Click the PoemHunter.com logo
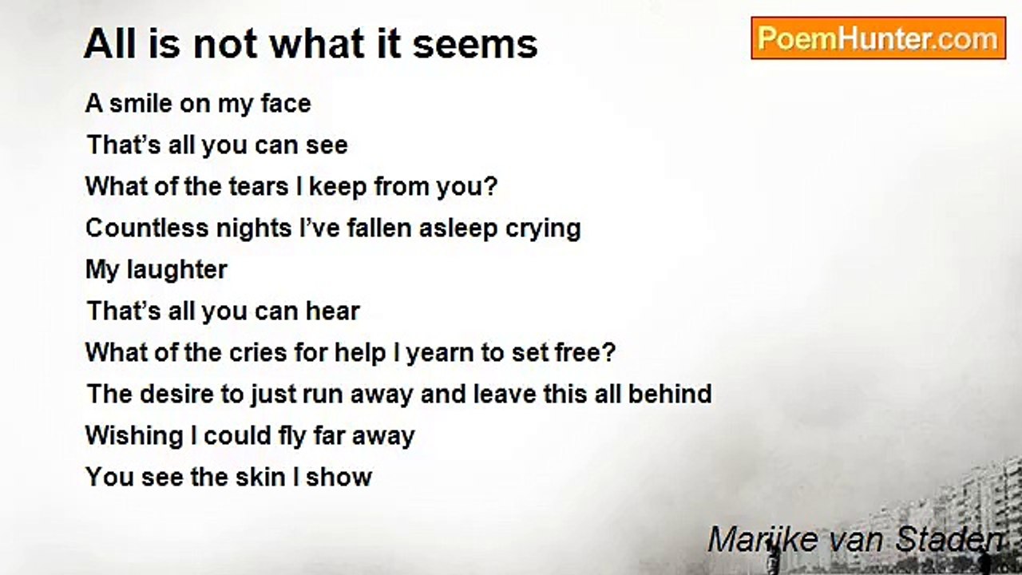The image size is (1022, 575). pos(877,38)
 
